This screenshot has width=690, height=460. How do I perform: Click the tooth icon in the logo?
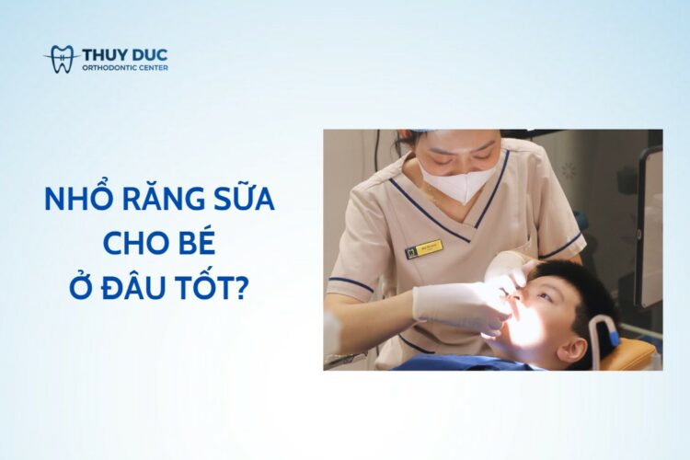click(x=62, y=59)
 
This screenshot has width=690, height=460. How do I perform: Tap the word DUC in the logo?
click(x=150, y=54)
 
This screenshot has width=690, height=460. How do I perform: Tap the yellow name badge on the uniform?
click(x=424, y=248)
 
